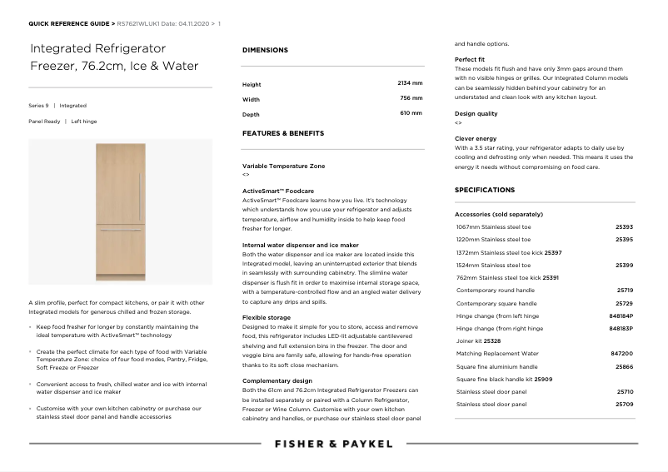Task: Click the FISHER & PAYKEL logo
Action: click(x=333, y=445)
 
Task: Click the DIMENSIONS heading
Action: click(x=265, y=50)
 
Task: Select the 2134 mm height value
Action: click(x=410, y=83)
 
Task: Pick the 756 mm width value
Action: click(x=411, y=98)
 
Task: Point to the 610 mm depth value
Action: click(x=411, y=113)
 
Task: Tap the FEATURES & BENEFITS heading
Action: click(x=283, y=133)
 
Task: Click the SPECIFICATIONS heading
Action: click(x=485, y=190)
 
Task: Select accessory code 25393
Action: click(x=624, y=226)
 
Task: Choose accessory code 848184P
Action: click(x=621, y=316)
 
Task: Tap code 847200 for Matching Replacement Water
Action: click(x=622, y=353)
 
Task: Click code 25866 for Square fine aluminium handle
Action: click(x=624, y=366)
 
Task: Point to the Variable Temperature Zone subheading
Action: click(x=284, y=166)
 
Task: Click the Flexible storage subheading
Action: click(x=267, y=317)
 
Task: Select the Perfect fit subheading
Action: click(x=470, y=60)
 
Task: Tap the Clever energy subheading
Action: click(x=476, y=138)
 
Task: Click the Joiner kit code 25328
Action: click(x=492, y=340)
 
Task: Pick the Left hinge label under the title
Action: click(x=84, y=121)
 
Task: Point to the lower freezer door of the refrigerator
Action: click(x=120, y=251)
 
